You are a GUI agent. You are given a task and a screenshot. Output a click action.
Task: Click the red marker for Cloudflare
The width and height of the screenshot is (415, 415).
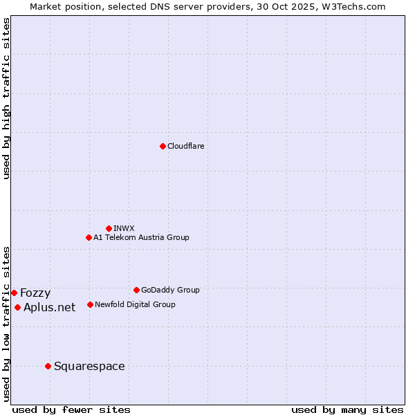click(163, 146)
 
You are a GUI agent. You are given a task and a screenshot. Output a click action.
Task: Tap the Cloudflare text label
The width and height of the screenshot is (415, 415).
click(186, 146)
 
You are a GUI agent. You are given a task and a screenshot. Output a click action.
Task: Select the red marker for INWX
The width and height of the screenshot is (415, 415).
click(109, 228)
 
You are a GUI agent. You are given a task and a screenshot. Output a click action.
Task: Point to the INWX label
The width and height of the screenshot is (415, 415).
click(124, 228)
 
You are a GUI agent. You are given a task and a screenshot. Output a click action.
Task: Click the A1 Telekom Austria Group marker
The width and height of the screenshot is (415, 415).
click(89, 237)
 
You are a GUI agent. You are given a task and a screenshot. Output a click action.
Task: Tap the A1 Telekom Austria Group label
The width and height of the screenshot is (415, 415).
click(141, 237)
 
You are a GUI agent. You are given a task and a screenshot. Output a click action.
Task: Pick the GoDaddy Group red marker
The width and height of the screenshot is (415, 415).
click(136, 290)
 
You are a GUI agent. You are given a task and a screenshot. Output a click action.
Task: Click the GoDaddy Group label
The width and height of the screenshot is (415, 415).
click(170, 290)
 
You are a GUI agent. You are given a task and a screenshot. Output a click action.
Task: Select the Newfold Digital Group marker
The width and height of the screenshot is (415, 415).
click(90, 304)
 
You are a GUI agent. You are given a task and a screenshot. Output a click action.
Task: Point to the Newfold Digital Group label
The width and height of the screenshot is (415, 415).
click(135, 304)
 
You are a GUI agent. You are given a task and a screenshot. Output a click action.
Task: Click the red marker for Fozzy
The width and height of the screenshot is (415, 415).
click(14, 293)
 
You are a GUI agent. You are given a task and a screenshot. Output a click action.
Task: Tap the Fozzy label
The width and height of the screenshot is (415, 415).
click(35, 293)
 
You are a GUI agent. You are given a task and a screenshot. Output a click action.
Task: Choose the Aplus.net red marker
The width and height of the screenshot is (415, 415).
click(17, 307)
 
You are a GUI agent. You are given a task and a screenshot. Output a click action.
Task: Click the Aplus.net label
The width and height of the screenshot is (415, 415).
click(49, 308)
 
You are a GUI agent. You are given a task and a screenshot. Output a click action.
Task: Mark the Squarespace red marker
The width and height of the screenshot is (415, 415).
click(48, 366)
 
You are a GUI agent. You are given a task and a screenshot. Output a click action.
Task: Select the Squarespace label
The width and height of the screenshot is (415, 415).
click(89, 367)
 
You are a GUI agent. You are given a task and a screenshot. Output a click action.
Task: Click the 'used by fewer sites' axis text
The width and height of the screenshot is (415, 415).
click(71, 409)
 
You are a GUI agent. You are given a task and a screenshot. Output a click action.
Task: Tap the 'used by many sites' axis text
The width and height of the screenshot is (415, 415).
click(347, 409)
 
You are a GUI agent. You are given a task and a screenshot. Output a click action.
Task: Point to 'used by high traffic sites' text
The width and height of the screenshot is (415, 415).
click(7, 98)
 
